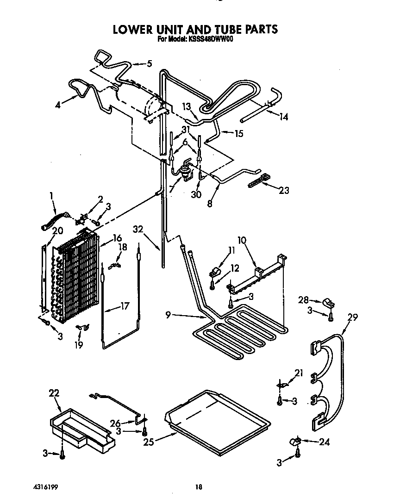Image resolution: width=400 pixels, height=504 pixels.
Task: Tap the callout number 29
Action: (x=353, y=317)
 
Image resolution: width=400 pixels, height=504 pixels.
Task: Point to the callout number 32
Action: (x=138, y=229)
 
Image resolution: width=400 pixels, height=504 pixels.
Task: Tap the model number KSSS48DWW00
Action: (x=211, y=40)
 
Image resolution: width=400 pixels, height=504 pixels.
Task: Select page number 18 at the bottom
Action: (x=199, y=486)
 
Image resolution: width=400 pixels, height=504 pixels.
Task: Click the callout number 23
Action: (x=284, y=190)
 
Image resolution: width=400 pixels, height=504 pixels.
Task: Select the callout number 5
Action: (x=149, y=64)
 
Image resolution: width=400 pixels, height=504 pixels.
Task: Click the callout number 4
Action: (x=57, y=105)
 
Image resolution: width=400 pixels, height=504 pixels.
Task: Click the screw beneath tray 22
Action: (x=62, y=456)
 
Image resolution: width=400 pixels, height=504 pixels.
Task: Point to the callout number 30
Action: (x=196, y=195)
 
